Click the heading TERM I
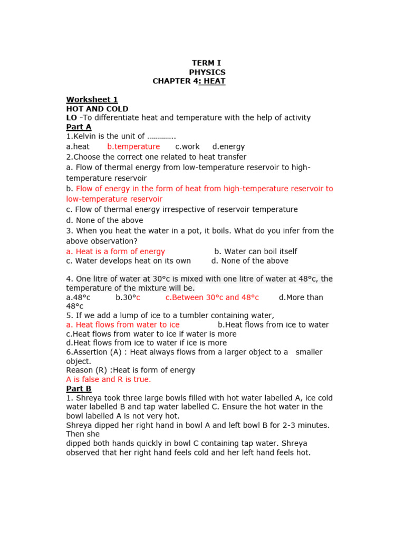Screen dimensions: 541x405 [207, 63]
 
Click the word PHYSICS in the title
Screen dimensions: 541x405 [207, 72]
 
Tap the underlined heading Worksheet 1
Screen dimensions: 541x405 [92, 100]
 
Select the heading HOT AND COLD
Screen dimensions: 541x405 [97, 109]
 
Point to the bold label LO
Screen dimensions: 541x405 [72, 118]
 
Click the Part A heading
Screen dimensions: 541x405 [79, 127]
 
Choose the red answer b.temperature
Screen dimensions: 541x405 [133, 146]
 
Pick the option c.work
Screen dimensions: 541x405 [187, 146]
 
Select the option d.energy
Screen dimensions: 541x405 [228, 146]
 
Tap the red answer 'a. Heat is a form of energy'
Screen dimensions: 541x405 [115, 251]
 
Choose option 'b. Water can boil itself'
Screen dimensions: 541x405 [256, 251]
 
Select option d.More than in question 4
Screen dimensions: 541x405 [301, 297]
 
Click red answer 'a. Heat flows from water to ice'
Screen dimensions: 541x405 [123, 325]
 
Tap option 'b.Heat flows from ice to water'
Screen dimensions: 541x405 [273, 325]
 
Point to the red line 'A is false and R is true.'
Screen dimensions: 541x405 [109, 379]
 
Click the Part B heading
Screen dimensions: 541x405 [79, 389]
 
